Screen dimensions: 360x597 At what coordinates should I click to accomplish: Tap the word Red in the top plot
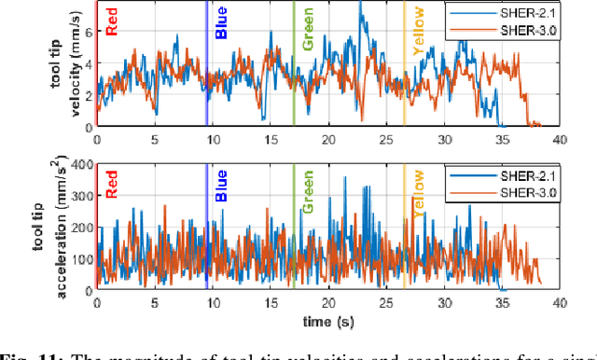110,21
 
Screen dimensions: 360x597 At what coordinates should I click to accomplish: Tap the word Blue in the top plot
221,25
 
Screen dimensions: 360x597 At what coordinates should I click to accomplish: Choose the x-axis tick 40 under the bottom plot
558,302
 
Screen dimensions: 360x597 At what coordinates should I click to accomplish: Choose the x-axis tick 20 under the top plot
327,139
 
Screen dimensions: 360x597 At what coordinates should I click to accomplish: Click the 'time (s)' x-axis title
327,321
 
